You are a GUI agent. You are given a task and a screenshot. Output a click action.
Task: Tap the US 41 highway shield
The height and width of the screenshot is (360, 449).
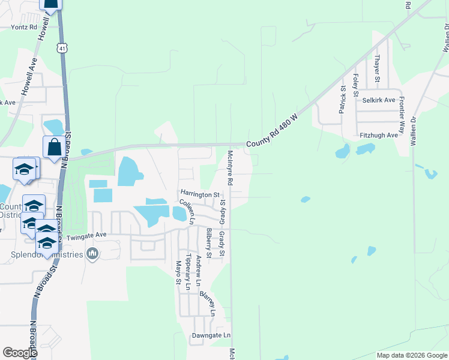click(x=62, y=47)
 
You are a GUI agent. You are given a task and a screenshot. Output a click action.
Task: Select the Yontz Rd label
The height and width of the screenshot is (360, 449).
click(x=25, y=27)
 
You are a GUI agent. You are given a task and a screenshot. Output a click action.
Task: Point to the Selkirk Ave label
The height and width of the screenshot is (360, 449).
click(x=379, y=100)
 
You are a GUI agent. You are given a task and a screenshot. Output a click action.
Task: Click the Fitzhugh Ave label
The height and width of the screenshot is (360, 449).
click(x=378, y=136)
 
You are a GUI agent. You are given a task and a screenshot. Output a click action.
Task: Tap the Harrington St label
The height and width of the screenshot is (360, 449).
click(x=200, y=194)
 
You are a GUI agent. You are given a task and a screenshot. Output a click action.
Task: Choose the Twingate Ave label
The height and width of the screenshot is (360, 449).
click(x=86, y=237)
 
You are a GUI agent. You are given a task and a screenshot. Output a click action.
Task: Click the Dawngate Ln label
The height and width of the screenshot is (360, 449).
click(x=211, y=335)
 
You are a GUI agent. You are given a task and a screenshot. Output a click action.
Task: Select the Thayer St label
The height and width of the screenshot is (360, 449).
click(x=377, y=68)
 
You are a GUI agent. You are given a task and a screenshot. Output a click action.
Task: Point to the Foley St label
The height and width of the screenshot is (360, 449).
click(x=356, y=86)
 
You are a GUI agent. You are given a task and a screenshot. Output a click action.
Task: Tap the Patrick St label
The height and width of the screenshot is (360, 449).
click(x=343, y=100)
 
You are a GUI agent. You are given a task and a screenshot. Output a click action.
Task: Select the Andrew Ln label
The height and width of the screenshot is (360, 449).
click(x=199, y=269)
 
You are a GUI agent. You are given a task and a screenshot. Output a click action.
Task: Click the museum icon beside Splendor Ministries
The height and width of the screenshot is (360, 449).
click(x=92, y=254)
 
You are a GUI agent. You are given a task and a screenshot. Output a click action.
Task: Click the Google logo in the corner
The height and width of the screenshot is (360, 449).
click(x=20, y=353)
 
